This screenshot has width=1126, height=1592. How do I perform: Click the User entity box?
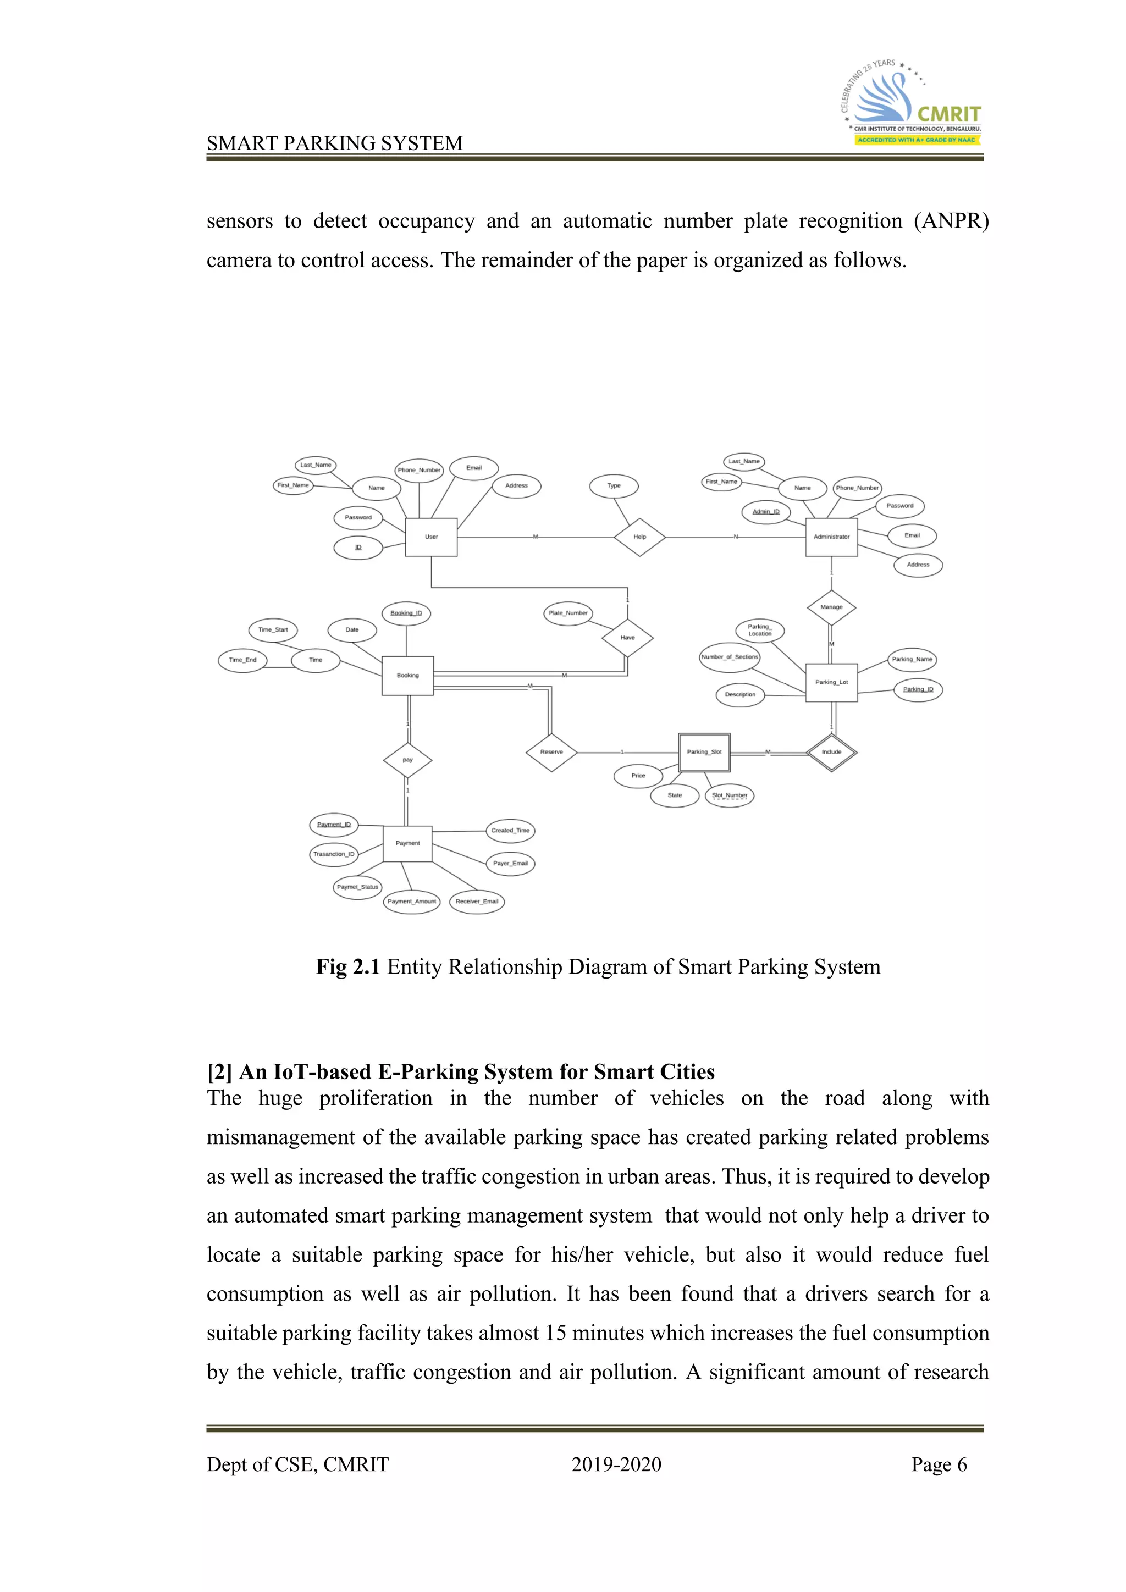click(430, 537)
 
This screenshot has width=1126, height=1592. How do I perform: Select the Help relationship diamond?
click(639, 537)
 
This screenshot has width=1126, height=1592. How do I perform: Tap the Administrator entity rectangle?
click(831, 537)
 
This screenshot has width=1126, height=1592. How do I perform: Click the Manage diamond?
click(831, 607)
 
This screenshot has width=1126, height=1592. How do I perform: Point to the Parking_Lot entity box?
click(831, 682)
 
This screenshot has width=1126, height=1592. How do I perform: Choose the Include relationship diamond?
click(831, 753)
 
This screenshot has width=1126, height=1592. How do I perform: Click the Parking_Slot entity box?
click(704, 753)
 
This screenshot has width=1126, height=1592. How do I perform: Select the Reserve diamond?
click(551, 753)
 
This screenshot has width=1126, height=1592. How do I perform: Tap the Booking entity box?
click(408, 676)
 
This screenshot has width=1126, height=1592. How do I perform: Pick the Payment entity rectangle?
click(408, 843)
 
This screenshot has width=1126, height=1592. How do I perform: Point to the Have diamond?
click(627, 638)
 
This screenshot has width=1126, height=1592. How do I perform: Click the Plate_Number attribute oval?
click(568, 613)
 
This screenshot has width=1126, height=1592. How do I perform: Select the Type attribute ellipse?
click(614, 485)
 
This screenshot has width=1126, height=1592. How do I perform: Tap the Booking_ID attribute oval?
click(406, 613)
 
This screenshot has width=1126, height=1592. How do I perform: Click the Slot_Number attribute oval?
click(730, 795)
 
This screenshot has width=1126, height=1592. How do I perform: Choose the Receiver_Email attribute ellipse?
click(477, 902)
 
